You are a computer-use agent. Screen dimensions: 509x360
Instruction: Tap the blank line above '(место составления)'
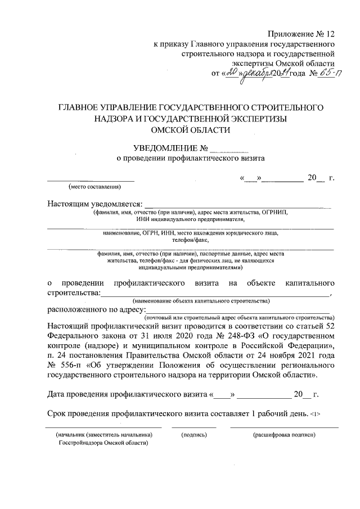click(91, 180)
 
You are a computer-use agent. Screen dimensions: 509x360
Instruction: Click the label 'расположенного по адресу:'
click(95, 309)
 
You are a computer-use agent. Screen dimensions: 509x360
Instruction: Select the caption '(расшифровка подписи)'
click(284, 435)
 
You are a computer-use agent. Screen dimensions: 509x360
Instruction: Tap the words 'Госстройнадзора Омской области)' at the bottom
click(103, 443)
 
